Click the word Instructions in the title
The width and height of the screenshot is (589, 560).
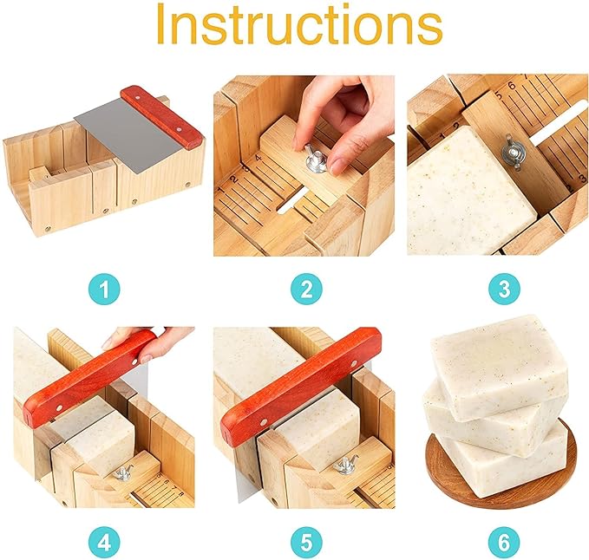299,24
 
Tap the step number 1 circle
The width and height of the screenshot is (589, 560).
104,289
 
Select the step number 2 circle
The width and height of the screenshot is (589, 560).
306,289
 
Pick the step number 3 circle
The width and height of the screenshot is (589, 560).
505,289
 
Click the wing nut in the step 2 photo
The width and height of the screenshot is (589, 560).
316,160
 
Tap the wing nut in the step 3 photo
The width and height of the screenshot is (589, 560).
513,153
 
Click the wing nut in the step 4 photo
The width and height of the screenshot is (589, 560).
123,473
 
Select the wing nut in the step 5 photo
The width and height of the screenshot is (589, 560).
345,466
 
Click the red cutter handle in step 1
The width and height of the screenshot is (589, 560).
162,118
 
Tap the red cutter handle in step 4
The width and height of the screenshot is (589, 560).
89,379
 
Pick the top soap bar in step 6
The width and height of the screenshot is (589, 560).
500,362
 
